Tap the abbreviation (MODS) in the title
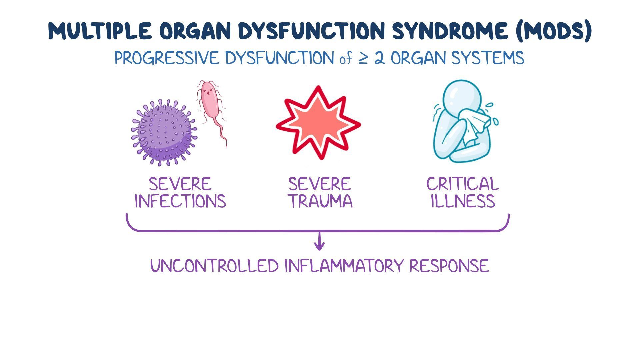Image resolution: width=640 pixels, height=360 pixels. point(553,31)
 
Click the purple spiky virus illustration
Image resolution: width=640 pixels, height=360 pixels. point(163,133)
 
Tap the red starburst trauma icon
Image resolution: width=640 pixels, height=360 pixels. point(318,123)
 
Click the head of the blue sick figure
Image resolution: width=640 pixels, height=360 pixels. point(462,97)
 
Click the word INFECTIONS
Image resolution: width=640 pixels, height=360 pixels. point(180,201)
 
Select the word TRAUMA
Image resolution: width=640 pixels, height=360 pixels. point(320,201)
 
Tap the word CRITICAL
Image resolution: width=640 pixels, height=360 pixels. point(462,184)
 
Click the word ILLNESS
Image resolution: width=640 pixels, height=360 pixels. point(462,201)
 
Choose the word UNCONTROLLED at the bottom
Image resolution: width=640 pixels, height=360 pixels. point(214,266)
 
